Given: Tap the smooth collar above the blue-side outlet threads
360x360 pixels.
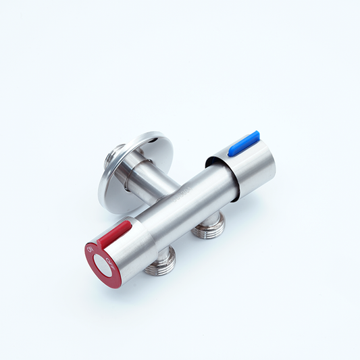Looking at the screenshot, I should click(x=209, y=217).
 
